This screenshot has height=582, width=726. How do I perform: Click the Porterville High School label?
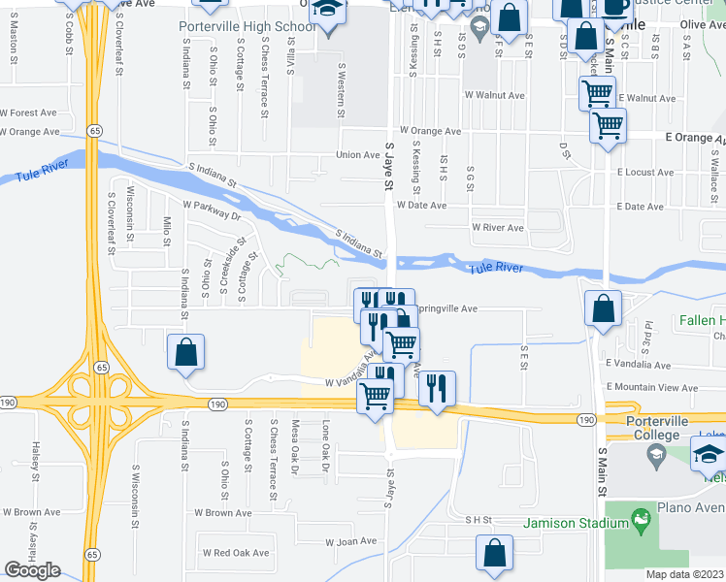[247, 26]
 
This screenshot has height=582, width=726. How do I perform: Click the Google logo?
[32, 570]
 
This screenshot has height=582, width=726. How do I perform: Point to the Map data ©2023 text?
[685, 574]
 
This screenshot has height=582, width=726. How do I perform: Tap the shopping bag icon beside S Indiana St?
[185, 353]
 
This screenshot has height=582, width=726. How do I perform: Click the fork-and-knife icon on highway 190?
[438, 389]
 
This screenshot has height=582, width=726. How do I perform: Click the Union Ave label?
[357, 155]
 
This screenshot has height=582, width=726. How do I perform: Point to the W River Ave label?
[497, 228]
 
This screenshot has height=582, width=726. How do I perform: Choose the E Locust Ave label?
[644, 172]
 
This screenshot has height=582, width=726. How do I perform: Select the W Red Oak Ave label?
[235, 552]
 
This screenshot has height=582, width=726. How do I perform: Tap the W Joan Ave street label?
[350, 542]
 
